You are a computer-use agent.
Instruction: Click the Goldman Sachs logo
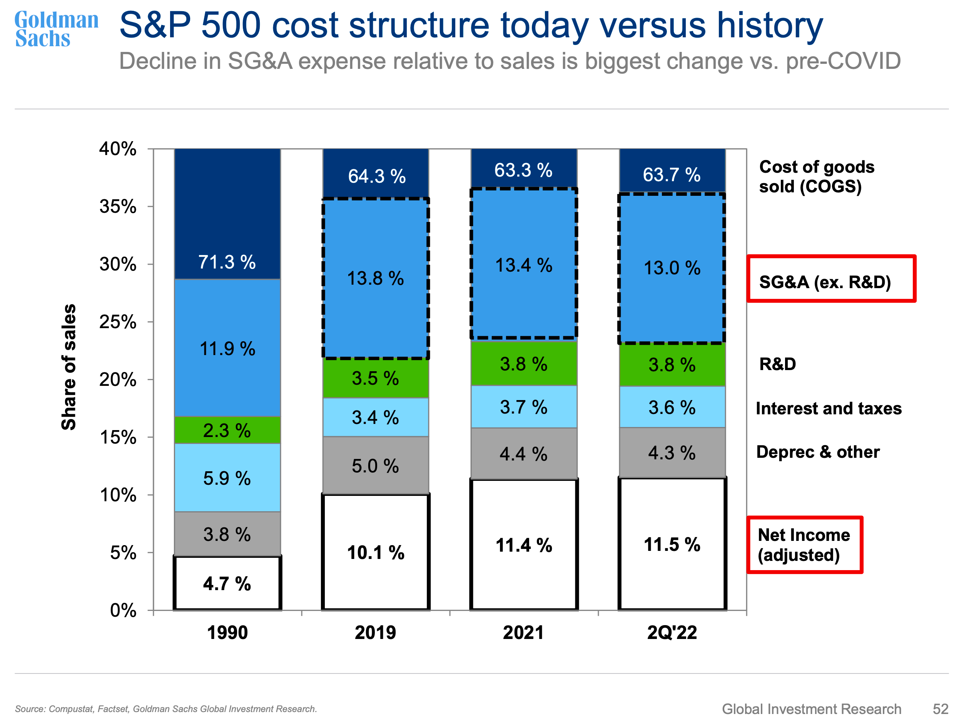(56, 29)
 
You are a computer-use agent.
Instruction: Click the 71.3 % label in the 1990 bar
(227, 262)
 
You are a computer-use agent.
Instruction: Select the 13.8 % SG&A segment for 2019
(376, 278)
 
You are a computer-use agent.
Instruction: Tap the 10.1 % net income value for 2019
(376, 552)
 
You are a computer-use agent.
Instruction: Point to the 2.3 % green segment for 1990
(227, 430)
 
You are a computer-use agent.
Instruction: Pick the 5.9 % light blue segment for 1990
(227, 478)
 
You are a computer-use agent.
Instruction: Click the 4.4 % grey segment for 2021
(523, 454)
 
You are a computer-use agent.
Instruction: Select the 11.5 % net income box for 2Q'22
(672, 544)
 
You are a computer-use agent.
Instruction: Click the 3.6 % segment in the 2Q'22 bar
(672, 407)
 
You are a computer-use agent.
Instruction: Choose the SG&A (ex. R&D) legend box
(831, 279)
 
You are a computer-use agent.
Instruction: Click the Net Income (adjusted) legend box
(805, 545)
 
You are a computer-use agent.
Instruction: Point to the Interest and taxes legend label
(828, 408)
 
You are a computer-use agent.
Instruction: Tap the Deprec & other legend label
(818, 452)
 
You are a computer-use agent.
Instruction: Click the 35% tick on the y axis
(118, 207)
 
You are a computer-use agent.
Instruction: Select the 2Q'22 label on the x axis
(672, 632)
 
